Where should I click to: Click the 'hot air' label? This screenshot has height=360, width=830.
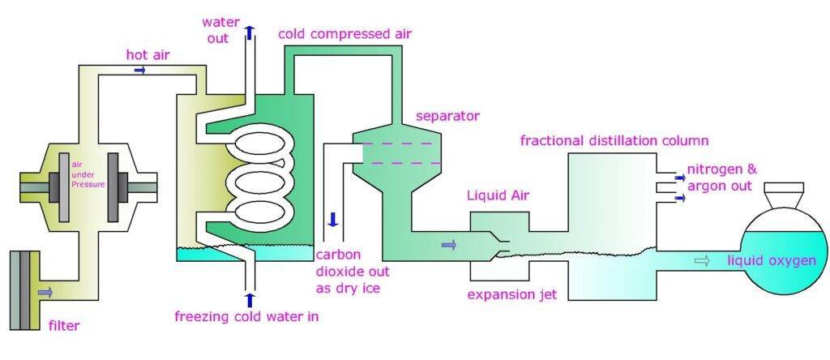(x=148, y=54)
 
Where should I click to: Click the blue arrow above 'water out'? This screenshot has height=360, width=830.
(x=250, y=32)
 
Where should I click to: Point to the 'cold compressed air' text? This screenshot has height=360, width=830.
(x=344, y=34)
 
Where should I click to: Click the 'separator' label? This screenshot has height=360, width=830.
(x=447, y=116)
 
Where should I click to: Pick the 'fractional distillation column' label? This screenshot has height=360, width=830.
(x=614, y=141)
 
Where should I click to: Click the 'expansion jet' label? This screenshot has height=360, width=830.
(x=511, y=294)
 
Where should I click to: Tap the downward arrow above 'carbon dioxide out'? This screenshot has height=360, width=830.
(x=332, y=219)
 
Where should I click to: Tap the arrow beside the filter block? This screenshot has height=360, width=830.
(x=45, y=290)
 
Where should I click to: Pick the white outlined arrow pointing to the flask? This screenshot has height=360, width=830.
(x=702, y=261)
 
